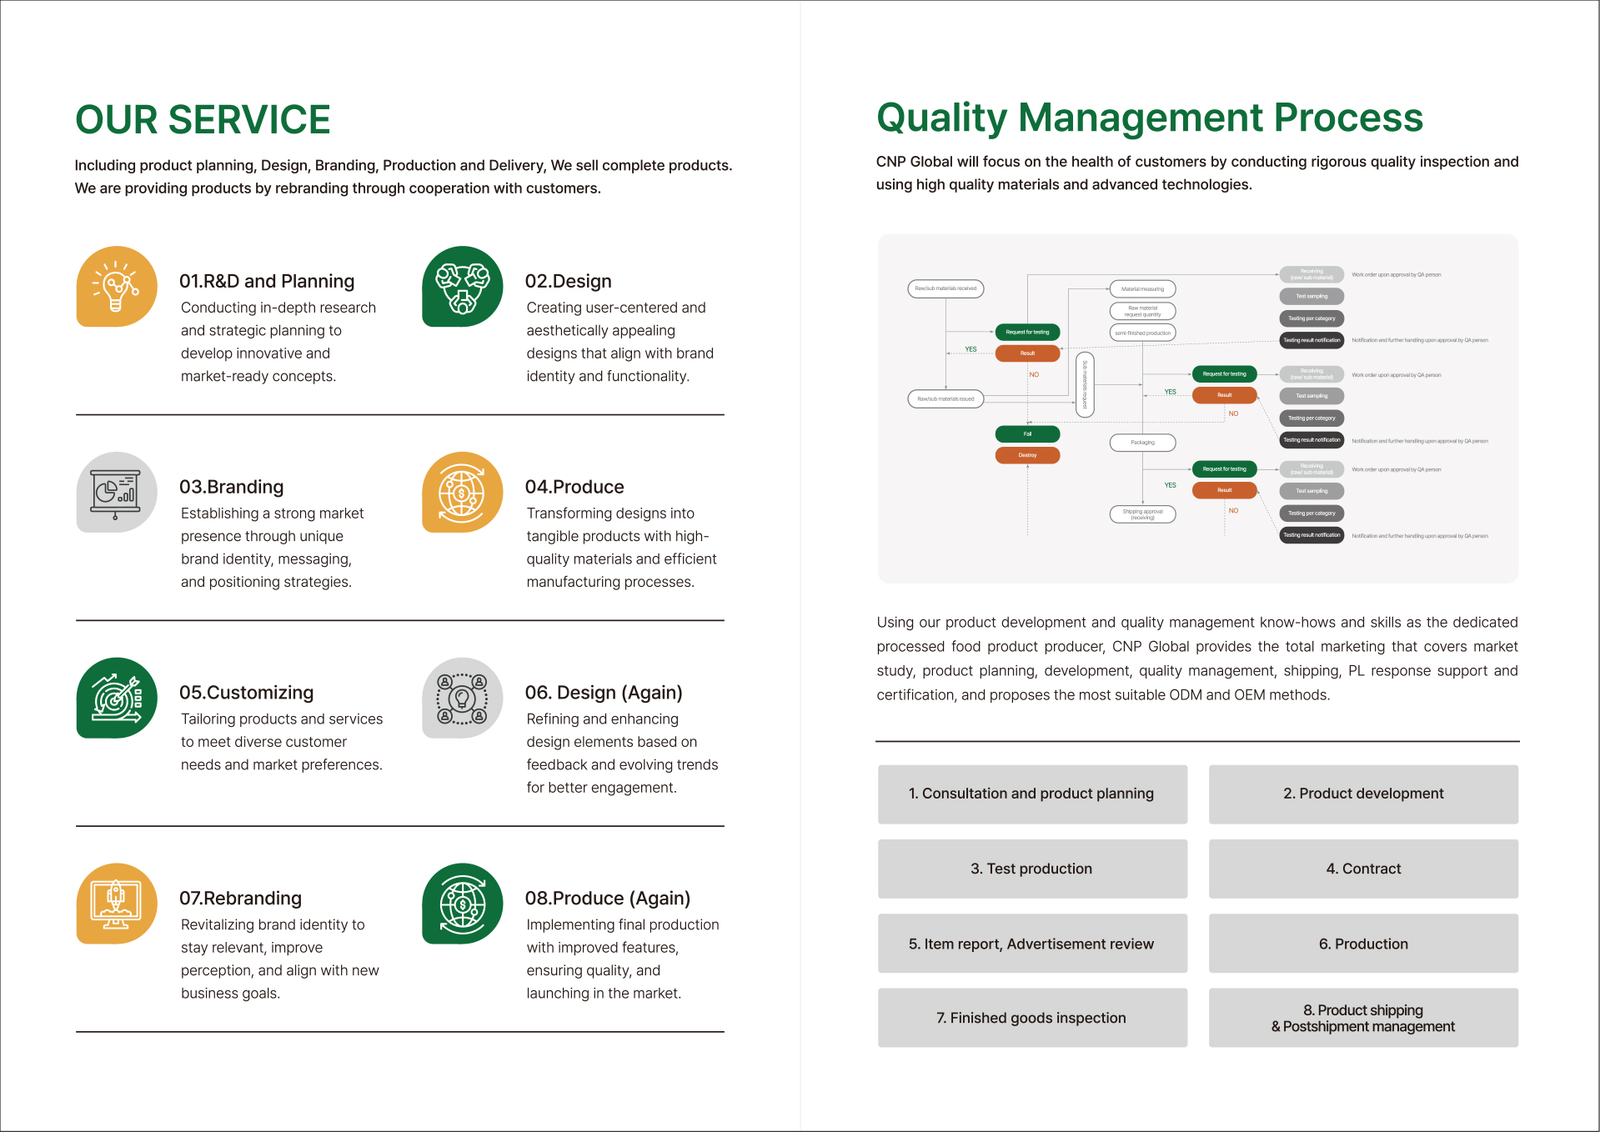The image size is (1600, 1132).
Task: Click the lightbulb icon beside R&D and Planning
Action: pos(117,286)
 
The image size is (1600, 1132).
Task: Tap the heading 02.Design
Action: pos(568,282)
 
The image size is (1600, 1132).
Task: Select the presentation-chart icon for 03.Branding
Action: pos(117,492)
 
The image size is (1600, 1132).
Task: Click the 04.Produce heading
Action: pos(574,488)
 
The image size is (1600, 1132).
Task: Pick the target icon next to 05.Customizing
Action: pos(117,698)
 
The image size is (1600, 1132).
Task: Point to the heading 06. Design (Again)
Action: pos(603,693)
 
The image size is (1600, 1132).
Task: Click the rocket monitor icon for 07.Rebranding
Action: pos(117,904)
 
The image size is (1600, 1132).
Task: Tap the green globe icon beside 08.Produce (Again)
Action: pos(462,904)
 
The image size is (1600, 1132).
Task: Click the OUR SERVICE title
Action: pos(203,120)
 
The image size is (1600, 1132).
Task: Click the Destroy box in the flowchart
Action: pos(1027,455)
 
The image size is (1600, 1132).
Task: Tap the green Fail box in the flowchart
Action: pos(1027,433)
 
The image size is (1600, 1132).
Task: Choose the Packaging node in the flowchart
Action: pos(1142,443)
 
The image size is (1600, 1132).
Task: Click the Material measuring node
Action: pos(1142,289)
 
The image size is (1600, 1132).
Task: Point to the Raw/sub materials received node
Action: pos(945,288)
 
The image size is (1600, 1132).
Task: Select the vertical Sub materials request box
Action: pos(1085,384)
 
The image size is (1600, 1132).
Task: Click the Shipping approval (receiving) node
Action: pos(1142,514)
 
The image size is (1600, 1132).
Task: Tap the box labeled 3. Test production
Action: pos(1031,869)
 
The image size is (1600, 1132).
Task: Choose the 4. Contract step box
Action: pos(1362,869)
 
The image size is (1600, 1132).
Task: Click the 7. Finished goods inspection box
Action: pos(1031,1018)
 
